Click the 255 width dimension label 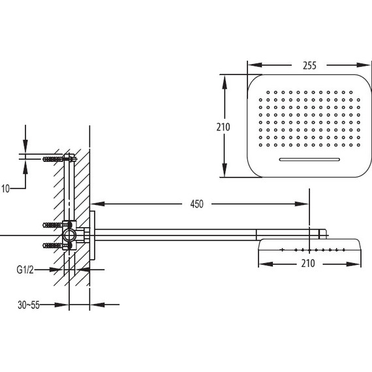coord(309,65)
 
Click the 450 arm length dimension coord(196,204)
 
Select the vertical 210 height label coord(223,127)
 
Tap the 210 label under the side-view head coord(308,264)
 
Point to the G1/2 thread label coord(25,270)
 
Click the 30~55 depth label coord(29,305)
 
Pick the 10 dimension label coord(5,189)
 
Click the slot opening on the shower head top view coord(309,159)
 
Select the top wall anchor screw coord(53,159)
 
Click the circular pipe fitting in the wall coord(69,235)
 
